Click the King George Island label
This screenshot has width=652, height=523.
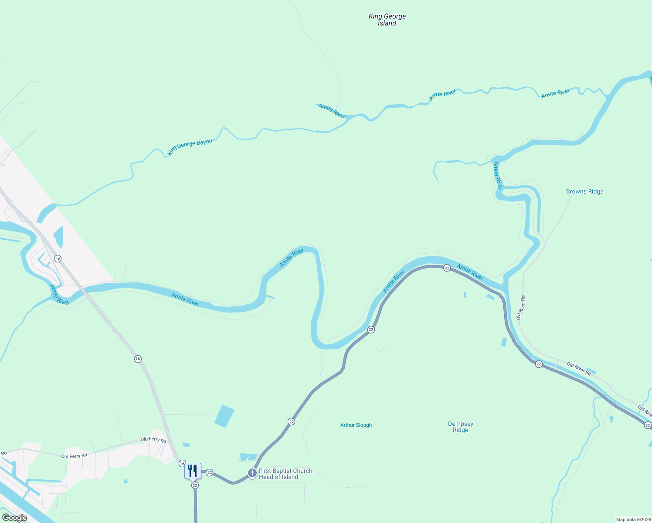387,20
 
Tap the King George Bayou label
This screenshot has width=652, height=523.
190,147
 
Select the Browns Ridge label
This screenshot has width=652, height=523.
584,191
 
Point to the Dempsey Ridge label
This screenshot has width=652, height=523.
460,427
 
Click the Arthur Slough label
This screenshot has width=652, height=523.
356,425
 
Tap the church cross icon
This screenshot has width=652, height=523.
252,473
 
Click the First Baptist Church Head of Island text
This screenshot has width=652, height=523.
285,474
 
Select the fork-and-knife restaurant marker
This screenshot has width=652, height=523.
193,471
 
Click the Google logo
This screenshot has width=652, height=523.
15,518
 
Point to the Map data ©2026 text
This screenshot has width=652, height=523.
633,520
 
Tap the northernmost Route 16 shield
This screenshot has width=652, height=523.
58,259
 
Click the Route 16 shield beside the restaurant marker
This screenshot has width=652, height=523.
182,464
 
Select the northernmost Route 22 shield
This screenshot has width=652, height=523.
447,268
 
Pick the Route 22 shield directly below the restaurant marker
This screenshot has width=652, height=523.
195,485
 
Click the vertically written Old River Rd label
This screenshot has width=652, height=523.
521,307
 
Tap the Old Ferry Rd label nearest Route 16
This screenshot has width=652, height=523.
153,440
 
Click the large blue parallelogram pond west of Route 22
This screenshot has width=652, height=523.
224,416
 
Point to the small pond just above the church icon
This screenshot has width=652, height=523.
248,457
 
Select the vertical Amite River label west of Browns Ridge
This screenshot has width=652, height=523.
497,175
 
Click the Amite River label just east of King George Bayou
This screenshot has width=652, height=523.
332,111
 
